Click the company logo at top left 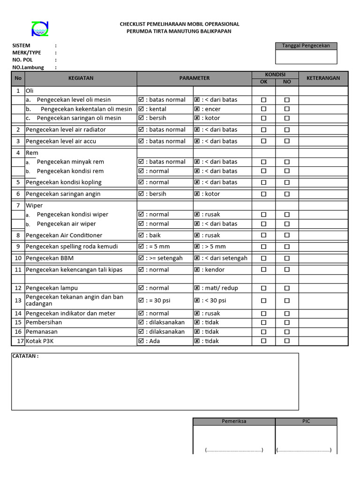click(x=40, y=29)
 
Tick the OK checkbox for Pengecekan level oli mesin click(x=263, y=100)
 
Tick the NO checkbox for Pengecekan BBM click(x=287, y=258)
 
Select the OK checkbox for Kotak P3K click(x=263, y=341)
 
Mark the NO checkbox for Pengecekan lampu click(x=287, y=288)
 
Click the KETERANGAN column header click(x=323, y=78)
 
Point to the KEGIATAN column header click(x=81, y=78)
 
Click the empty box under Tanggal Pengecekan click(x=306, y=57)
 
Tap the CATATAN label click(x=25, y=356)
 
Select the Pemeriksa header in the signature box click(x=234, y=421)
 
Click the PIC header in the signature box click(x=306, y=421)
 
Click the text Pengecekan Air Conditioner click(x=64, y=235)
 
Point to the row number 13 click(x=18, y=300)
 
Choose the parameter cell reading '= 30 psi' click(x=157, y=300)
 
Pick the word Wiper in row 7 click(x=34, y=205)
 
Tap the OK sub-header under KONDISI click(x=263, y=82)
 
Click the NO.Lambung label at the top click(x=28, y=67)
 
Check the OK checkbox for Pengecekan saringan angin click(x=263, y=194)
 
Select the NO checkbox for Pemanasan click(x=287, y=332)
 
